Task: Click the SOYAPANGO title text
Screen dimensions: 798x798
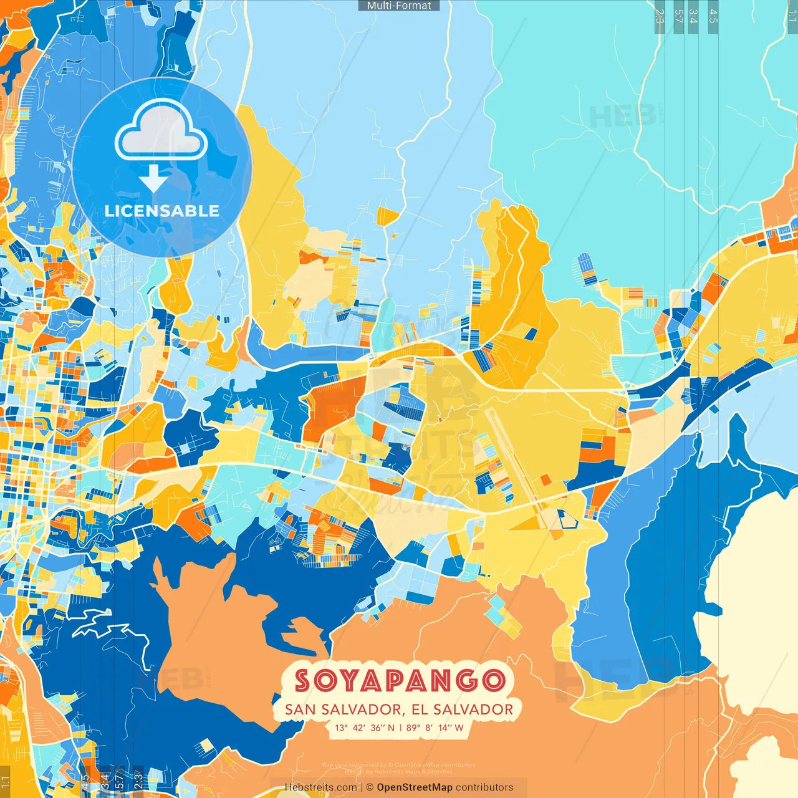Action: [399, 681]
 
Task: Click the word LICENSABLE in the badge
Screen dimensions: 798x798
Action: [162, 211]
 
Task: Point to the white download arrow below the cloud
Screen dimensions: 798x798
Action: [153, 178]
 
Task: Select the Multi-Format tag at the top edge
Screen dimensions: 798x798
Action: [399, 6]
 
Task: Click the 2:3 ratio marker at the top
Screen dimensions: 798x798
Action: [660, 16]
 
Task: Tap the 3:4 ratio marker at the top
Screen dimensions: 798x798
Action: [693, 16]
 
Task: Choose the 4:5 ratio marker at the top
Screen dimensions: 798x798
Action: [713, 16]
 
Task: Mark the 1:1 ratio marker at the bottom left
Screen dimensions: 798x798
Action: [6, 781]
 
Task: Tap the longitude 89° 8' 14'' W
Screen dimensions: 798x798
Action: [435, 728]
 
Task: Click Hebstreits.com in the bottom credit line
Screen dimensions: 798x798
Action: [320, 787]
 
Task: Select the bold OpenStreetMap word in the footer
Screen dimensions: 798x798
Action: [415, 787]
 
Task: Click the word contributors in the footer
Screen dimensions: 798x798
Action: [484, 787]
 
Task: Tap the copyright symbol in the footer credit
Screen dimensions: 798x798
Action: [370, 787]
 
